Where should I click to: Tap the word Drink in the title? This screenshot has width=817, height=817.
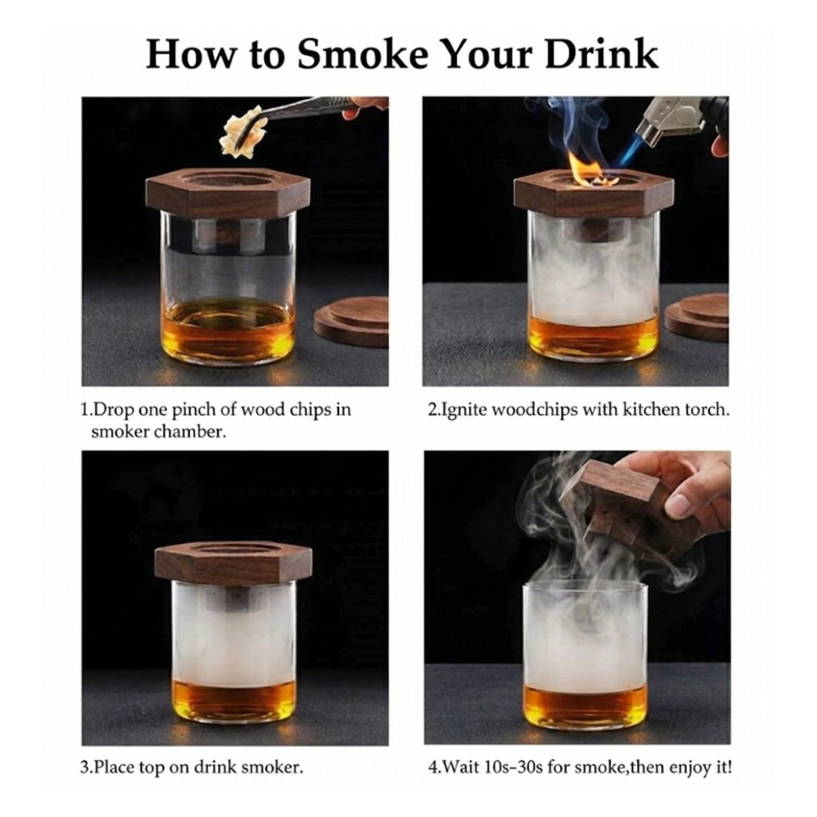coord(602,54)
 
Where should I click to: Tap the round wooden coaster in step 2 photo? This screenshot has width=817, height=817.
coord(697,317)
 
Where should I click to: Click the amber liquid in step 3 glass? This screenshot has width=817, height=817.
coord(233,705)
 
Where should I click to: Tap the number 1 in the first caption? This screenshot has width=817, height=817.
coord(85,411)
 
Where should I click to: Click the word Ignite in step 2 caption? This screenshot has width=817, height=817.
coord(464,411)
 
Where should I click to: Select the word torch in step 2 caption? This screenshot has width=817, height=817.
coord(708,411)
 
